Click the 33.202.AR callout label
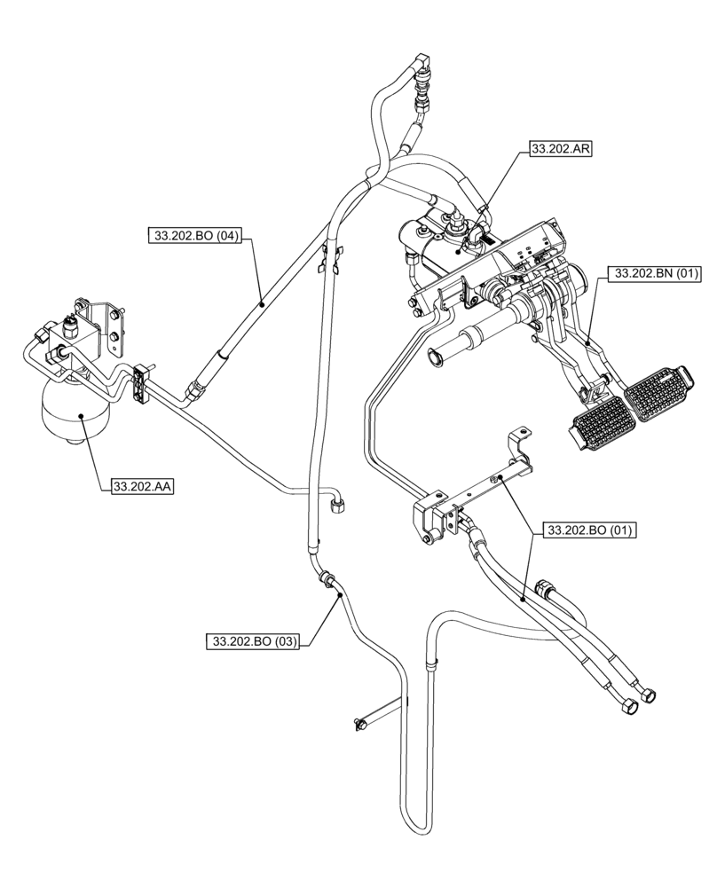point(559,150)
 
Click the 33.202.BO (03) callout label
point(251,640)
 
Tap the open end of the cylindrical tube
point(435,357)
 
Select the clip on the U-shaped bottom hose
point(431,663)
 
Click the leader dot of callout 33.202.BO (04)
point(263,303)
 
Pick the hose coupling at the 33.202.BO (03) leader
point(329,581)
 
